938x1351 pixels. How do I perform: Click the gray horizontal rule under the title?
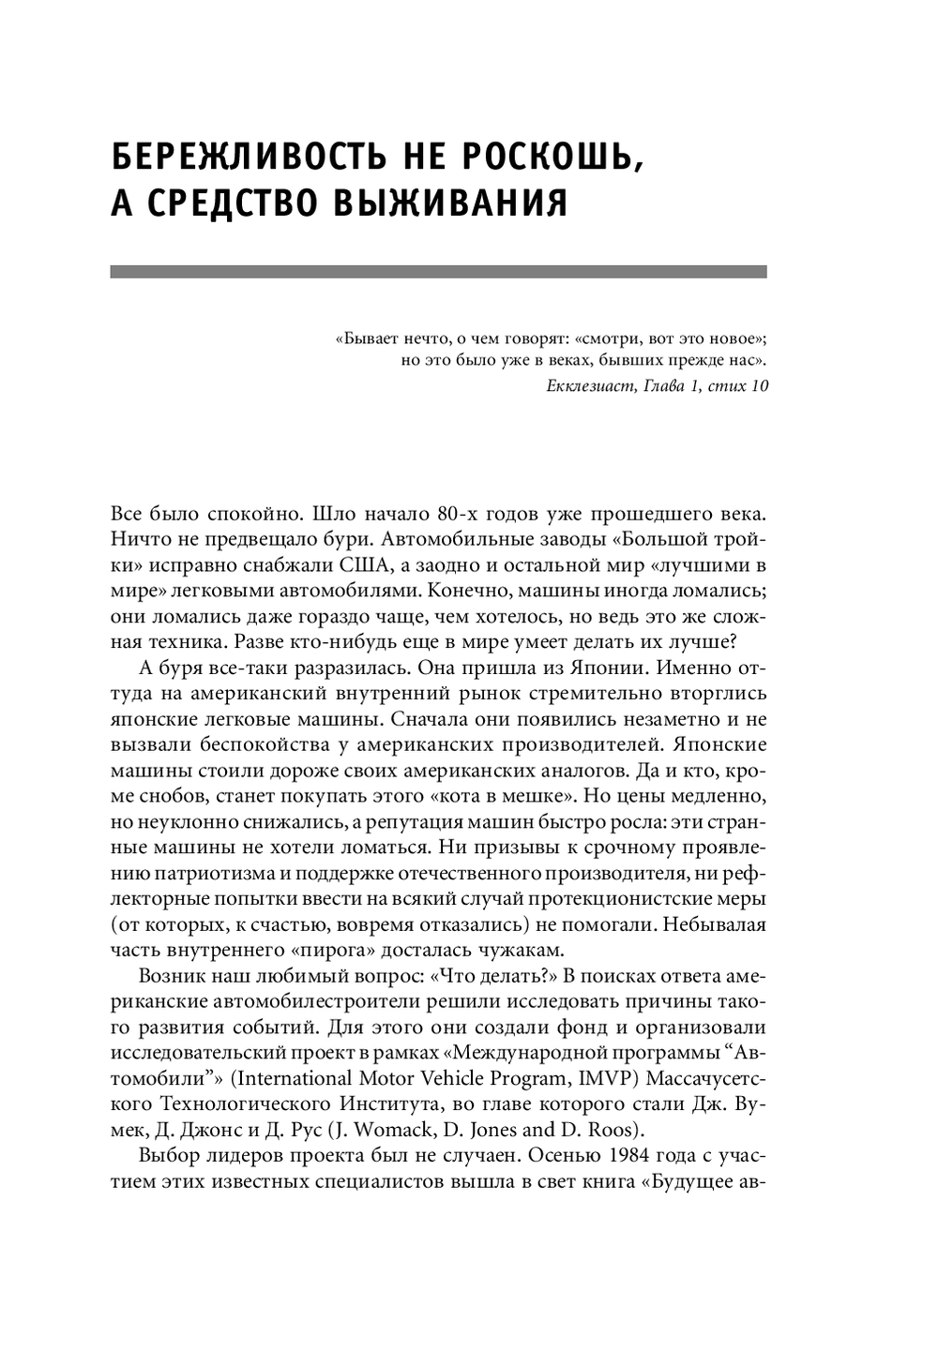(438, 272)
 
